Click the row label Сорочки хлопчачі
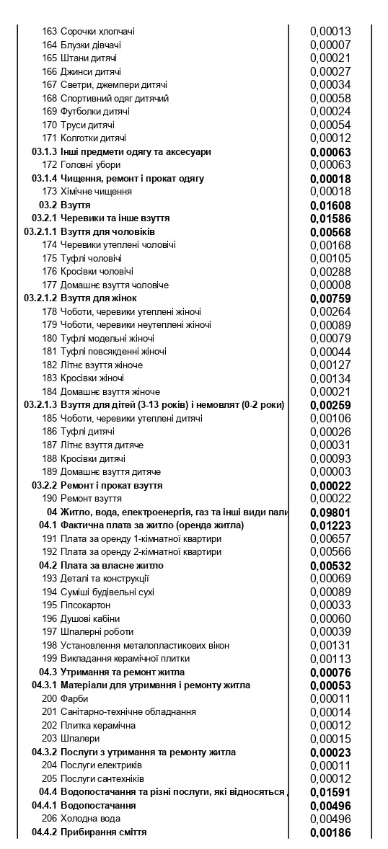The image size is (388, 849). tap(97, 32)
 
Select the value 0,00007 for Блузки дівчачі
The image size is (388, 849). tap(330, 45)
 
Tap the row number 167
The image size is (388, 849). tap(49, 85)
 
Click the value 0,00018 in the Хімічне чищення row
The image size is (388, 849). tap(330, 192)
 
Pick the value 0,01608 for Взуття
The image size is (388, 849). tap(330, 205)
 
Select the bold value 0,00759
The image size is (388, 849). tap(330, 298)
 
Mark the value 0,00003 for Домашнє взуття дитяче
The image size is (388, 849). tap(330, 471)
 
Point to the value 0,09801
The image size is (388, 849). tap(330, 512)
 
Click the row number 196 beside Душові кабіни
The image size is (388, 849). tap(49, 618)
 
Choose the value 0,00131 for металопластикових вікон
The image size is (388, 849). tap(330, 645)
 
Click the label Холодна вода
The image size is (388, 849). tap(90, 819)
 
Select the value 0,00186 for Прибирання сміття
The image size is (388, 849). tap(330, 832)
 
